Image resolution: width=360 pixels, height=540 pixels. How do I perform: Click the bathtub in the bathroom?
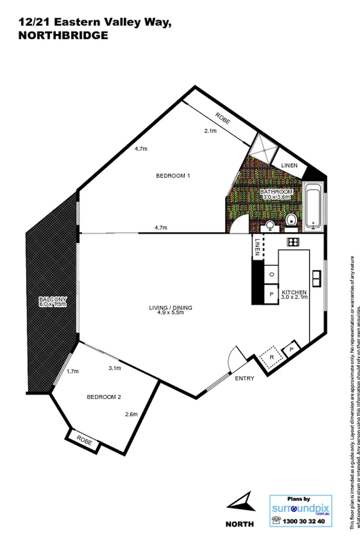pos(314,207)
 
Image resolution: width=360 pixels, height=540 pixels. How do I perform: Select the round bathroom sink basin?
pos(270,226)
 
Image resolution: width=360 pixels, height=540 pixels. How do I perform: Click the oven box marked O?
pos(271,274)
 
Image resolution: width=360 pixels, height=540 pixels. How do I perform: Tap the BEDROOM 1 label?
pos(173,175)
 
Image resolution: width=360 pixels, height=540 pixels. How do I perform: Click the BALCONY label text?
pos(53,300)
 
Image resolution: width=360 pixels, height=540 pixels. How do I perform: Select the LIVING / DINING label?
pos(170,307)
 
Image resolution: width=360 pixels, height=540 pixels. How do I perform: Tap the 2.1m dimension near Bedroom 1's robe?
pos(210,131)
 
